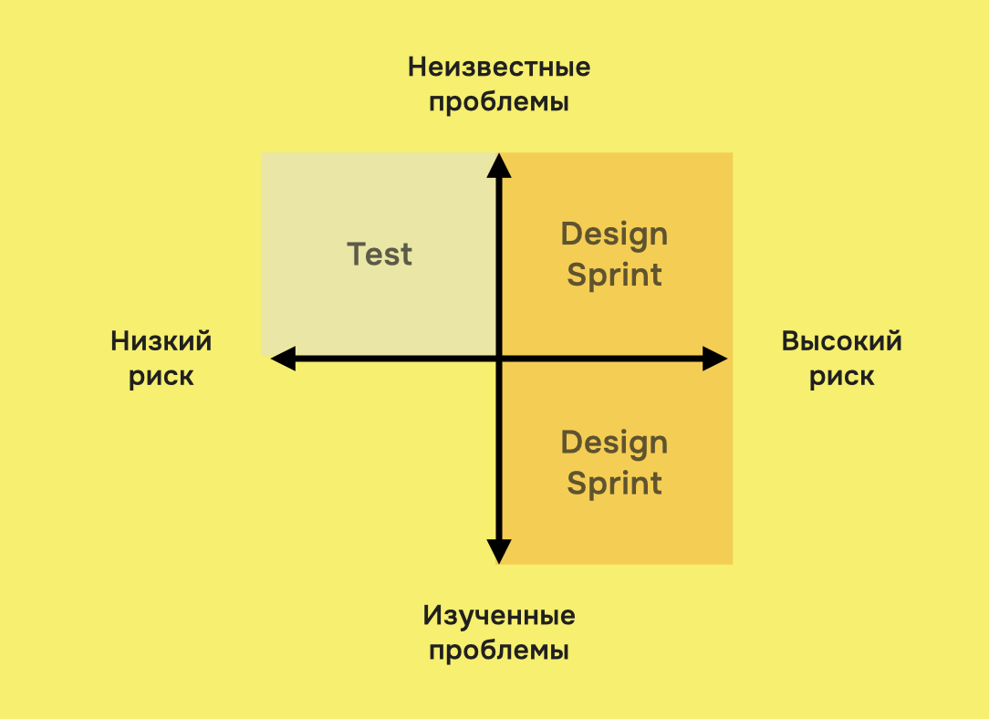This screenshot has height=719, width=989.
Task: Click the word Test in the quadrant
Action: point(380,254)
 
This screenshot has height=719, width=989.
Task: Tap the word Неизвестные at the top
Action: point(499,68)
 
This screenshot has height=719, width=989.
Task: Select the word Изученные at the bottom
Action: point(499,616)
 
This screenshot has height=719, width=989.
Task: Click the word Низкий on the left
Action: point(161,341)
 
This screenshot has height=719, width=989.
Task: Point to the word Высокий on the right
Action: point(842,341)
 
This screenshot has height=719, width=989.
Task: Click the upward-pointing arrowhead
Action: point(498,165)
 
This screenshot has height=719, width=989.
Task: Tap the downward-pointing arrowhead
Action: point(498,551)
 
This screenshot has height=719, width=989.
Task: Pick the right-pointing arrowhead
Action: point(715,359)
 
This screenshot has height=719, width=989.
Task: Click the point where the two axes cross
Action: point(498,359)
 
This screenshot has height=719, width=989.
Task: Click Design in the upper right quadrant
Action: point(614,234)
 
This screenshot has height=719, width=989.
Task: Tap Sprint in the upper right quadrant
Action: point(614,276)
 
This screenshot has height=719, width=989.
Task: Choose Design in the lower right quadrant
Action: point(614,443)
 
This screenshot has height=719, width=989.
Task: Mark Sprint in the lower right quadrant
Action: point(614,484)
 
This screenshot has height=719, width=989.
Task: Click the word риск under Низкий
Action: point(161,377)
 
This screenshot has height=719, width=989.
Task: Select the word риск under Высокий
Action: point(842,377)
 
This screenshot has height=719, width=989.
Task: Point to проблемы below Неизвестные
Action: point(499,102)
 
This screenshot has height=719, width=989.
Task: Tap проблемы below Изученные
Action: point(499,651)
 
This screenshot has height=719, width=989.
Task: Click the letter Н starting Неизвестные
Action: point(417,68)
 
